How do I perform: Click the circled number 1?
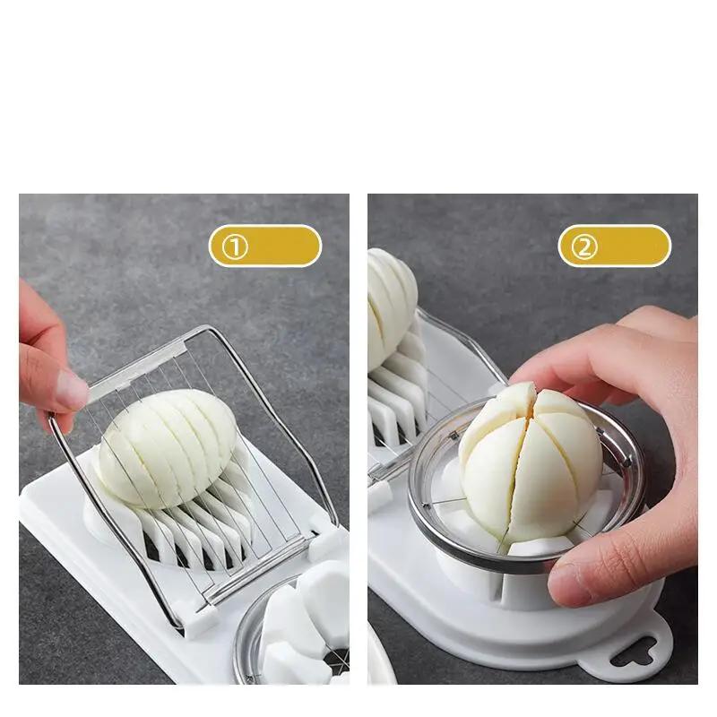pos(235,246)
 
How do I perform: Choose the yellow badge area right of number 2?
pos(636,246)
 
